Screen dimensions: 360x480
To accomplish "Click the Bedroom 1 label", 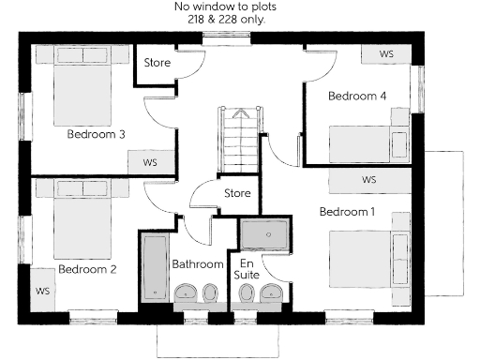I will [347, 212].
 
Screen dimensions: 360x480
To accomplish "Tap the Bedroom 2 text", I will [87, 269].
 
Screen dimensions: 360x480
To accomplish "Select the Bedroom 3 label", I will [97, 134].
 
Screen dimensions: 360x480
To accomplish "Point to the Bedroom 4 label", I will [356, 96].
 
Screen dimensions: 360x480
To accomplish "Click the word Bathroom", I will [198, 264].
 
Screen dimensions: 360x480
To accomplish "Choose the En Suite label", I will [247, 270].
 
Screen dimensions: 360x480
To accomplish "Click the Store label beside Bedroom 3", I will [157, 64].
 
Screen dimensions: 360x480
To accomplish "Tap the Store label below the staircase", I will [237, 194].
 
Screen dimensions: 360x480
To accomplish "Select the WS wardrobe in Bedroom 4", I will [386, 54].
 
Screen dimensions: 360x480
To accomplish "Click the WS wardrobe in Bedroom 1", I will [368, 179].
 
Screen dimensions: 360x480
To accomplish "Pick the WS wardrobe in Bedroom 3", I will [150, 161].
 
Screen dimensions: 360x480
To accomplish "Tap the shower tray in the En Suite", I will [266, 232].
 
